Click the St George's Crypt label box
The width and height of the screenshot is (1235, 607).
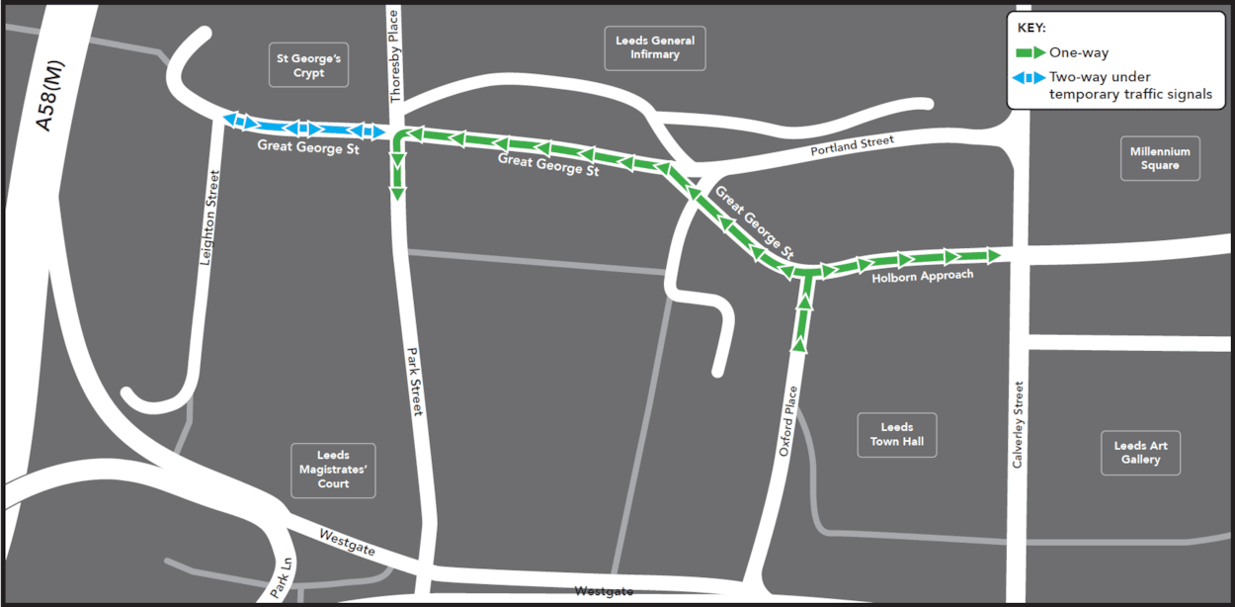pyautogui.click(x=308, y=65)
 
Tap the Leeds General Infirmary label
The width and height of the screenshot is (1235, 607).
pyautogui.click(x=655, y=47)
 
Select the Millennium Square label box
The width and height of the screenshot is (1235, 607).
pyautogui.click(x=1160, y=158)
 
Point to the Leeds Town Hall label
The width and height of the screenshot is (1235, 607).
pyautogui.click(x=897, y=434)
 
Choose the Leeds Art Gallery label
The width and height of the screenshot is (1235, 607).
pyautogui.click(x=1140, y=453)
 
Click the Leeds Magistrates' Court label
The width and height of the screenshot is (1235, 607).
pyautogui.click(x=333, y=470)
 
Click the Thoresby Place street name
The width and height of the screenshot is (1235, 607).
pyautogui.click(x=395, y=55)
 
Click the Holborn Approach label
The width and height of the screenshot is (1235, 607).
pyautogui.click(x=922, y=277)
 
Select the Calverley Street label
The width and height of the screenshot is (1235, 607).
pyautogui.click(x=1018, y=425)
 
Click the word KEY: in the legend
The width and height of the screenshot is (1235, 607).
pyautogui.click(x=1031, y=28)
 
